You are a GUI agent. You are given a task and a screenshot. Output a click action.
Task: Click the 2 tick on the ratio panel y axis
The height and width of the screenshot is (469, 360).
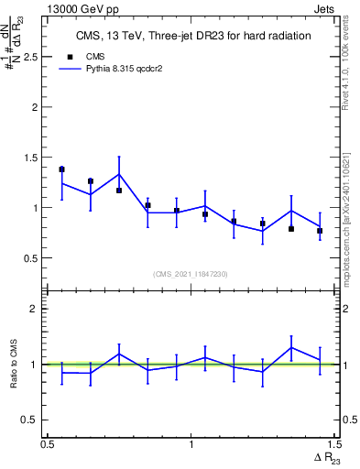39,309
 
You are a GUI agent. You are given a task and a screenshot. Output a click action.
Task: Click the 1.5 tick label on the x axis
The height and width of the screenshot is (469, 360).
334,444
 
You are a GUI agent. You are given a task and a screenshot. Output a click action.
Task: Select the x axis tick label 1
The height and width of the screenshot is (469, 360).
191,444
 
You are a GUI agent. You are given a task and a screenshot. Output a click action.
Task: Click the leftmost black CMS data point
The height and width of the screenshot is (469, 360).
61,169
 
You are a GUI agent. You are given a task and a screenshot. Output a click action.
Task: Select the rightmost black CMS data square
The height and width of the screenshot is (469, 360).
320,231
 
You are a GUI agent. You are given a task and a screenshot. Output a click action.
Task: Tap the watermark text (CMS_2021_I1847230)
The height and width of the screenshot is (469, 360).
191,273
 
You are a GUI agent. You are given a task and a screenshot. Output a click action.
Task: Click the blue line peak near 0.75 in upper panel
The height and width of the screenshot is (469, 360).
119,174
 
